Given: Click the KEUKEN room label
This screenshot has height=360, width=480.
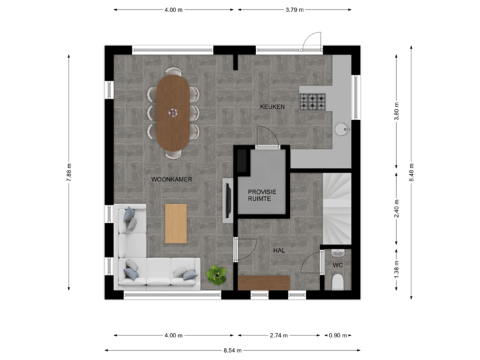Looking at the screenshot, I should point(273,107).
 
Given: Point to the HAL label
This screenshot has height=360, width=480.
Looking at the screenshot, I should point(279,250).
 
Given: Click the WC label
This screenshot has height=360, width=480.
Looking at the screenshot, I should point(337,265).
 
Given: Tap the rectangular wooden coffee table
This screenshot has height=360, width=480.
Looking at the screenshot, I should point(176,223).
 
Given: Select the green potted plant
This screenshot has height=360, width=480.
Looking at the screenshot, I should point(216,274).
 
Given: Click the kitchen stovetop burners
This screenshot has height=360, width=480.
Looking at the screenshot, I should point(312,101).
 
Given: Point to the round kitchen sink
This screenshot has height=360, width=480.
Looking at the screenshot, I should point(341,128).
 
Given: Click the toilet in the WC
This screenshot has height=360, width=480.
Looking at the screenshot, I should point(337,281).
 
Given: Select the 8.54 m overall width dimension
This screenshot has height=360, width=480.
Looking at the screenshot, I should point(232,350).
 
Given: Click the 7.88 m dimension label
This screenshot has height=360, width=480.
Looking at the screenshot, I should point(69,172).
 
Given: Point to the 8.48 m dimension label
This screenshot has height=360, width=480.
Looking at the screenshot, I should point(411,172).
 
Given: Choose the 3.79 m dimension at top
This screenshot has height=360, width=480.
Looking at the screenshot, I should point(294,10).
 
